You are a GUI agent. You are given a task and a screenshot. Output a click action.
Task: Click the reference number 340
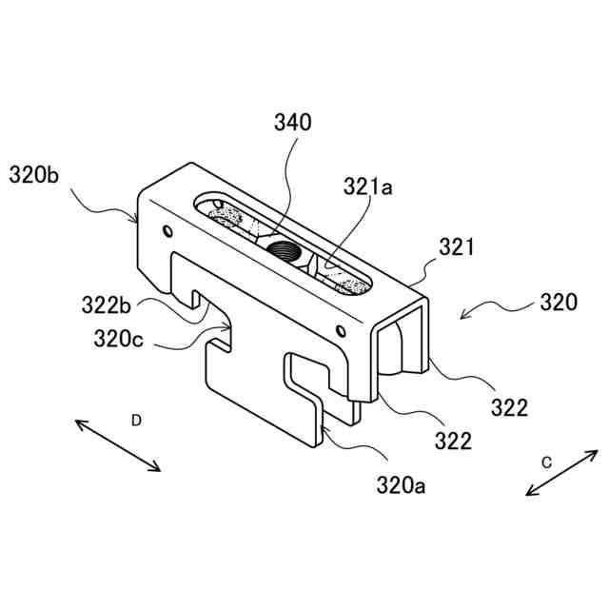tap(293, 123)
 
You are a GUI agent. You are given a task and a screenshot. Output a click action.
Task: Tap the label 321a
tap(368, 187)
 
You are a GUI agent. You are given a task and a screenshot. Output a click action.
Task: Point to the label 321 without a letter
tap(457, 248)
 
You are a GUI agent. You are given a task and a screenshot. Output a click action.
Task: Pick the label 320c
tap(120, 338)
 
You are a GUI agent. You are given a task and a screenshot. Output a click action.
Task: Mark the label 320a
tap(401, 485)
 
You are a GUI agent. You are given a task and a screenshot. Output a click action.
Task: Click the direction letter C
tap(546, 462)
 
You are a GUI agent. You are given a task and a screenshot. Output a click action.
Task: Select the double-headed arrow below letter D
tap(119, 444)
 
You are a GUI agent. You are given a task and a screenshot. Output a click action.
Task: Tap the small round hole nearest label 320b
tap(167, 230)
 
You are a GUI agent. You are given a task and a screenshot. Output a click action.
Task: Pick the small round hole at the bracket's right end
tap(341, 331)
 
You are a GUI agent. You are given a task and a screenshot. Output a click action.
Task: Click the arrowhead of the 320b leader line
tap(139, 220)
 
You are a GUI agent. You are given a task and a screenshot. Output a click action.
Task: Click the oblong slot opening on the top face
tap(285, 246)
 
